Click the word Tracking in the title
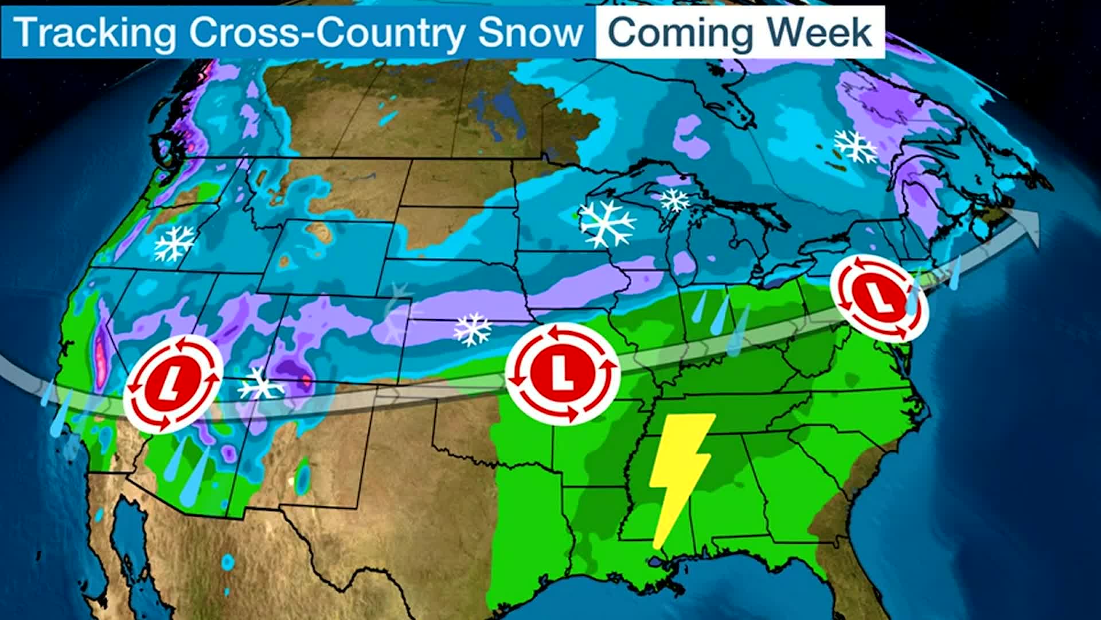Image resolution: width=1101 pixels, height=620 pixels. coord(95,32)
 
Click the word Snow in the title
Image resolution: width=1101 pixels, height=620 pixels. coord(530,32)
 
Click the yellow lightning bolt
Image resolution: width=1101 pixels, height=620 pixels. coord(682,476)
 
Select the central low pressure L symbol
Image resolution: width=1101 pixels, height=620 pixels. coord(563,373)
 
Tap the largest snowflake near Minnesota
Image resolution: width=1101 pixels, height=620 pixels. coord(607,223)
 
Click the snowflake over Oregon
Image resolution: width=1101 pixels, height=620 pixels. coord(174,243)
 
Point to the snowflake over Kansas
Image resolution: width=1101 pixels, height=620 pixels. coord(473,330)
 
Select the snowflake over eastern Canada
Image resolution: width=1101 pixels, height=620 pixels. coord(854,146)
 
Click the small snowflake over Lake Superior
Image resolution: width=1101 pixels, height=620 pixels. coord(674,200)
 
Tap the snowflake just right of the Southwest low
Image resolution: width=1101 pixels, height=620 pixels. coord(261,383)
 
